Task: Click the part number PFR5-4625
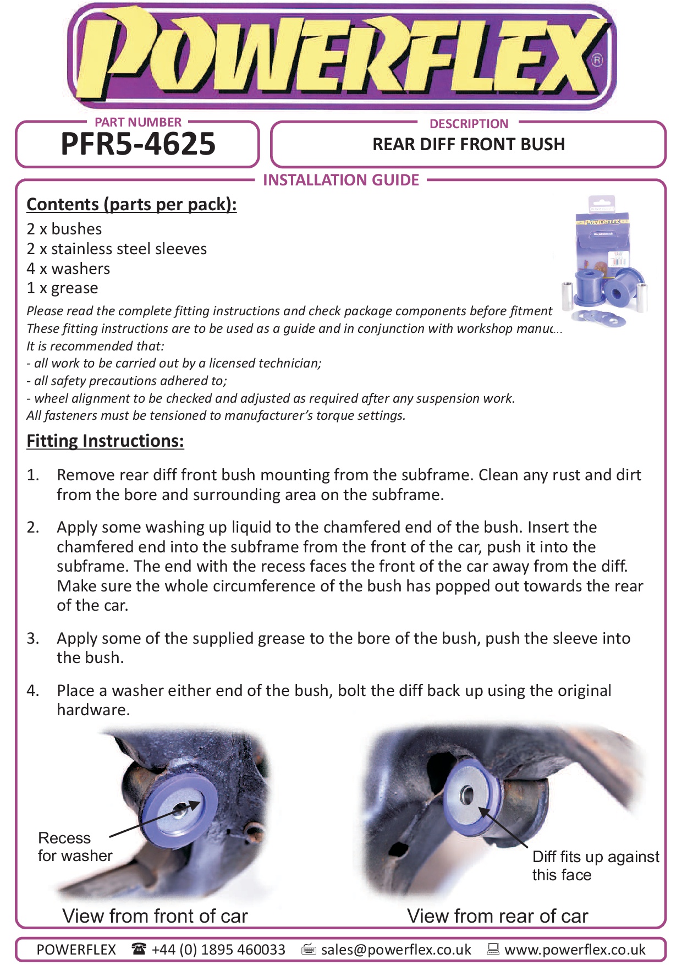(138, 144)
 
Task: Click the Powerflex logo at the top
(341, 57)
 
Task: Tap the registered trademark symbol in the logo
(597, 60)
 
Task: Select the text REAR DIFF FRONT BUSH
(469, 144)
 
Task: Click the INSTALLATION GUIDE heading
(341, 180)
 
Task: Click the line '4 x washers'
(68, 268)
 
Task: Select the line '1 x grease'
(62, 288)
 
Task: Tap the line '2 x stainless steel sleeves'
(117, 249)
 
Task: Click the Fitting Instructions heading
(105, 441)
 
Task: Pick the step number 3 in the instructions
(32, 638)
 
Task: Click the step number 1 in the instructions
(32, 475)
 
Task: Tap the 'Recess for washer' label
(74, 847)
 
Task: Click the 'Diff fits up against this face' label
(595, 865)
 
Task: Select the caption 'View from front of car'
(155, 916)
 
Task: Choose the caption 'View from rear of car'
(497, 916)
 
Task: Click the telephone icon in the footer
(139, 949)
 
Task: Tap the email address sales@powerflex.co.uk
(396, 950)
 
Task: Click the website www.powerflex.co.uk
(575, 950)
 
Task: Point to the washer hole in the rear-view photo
(467, 794)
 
